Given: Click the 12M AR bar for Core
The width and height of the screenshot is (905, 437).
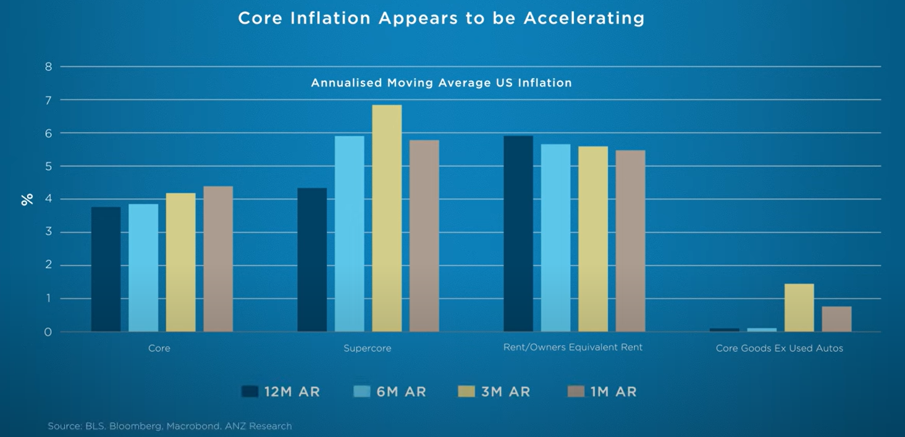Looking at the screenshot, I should coord(106,270).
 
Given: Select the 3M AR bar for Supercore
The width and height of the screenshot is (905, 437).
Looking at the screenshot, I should coord(387,218).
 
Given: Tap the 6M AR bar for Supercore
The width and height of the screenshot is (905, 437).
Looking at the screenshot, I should coord(349,234).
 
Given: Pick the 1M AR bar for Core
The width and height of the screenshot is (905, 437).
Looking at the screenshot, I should coord(218,259).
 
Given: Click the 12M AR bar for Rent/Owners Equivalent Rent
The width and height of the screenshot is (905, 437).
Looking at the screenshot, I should coord(518,234).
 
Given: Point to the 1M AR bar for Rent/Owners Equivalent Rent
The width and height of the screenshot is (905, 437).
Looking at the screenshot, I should coord(630,241).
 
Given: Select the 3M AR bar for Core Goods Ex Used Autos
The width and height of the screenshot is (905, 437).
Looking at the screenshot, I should coord(799,308).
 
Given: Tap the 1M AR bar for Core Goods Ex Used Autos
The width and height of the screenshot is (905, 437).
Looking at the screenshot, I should coord(836,319).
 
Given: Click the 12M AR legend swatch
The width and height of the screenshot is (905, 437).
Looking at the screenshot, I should coord(250,391).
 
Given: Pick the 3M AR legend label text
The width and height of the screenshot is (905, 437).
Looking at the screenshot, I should coord(505,391).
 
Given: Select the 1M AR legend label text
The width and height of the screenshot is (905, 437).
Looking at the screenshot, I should coord(613,391).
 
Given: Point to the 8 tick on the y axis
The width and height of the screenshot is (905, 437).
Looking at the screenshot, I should coord(48,67).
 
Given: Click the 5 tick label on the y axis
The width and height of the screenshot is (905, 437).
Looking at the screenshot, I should coord(48,166).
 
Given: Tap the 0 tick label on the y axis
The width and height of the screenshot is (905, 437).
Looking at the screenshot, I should coord(48,332).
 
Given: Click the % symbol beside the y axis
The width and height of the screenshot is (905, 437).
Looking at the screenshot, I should coord(27,199).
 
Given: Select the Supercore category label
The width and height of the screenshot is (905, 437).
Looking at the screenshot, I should coord(367,348).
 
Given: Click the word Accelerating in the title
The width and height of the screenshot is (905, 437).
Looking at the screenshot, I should coord(584,19).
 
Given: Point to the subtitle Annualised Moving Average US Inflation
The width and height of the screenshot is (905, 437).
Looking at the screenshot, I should coord(441,83).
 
